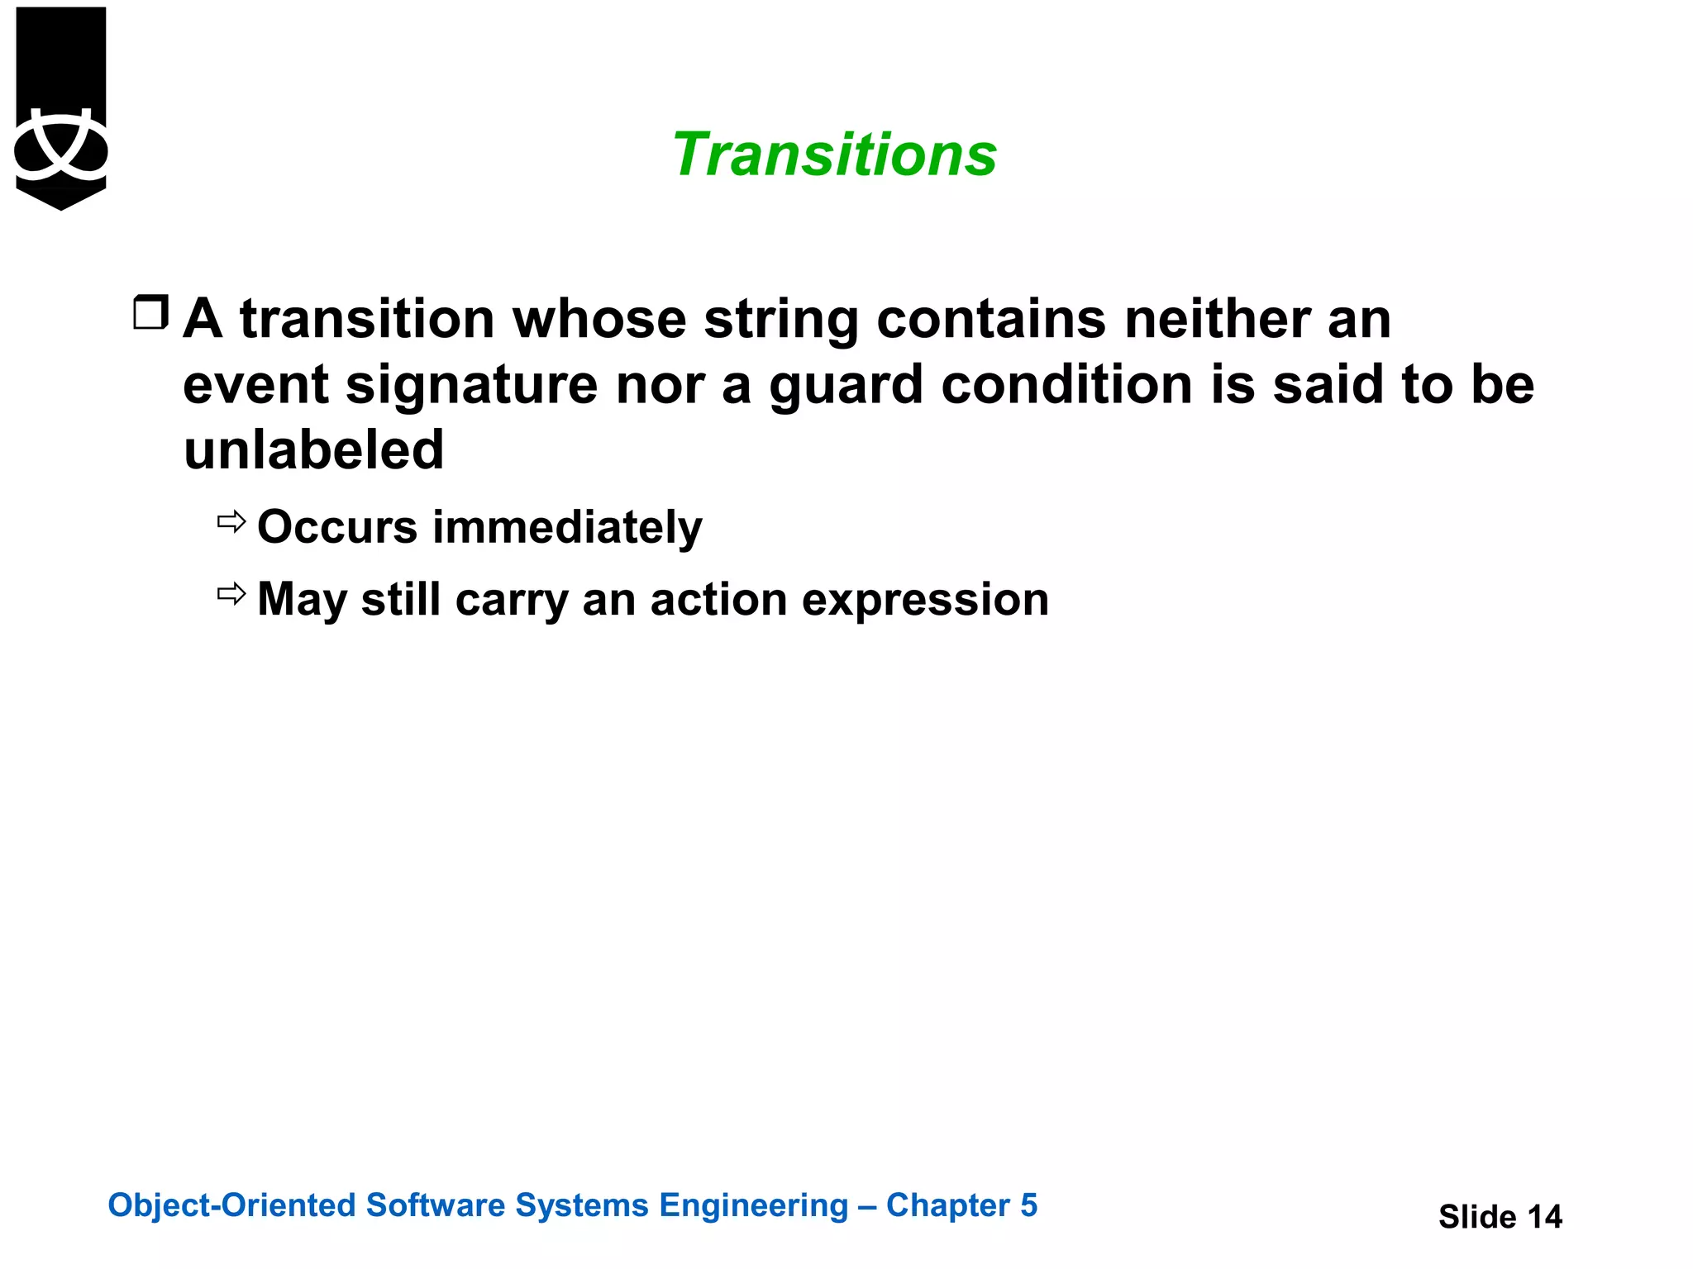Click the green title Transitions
[x=834, y=154]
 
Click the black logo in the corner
[x=60, y=107]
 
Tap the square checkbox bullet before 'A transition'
[x=151, y=313]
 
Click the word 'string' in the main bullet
[x=781, y=320]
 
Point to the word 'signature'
[x=471, y=385]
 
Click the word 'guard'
[x=846, y=385]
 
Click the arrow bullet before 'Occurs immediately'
[x=231, y=522]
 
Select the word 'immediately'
[x=567, y=527]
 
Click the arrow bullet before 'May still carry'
[x=231, y=593]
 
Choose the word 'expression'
[x=925, y=601]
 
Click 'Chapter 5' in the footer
[x=961, y=1205]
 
